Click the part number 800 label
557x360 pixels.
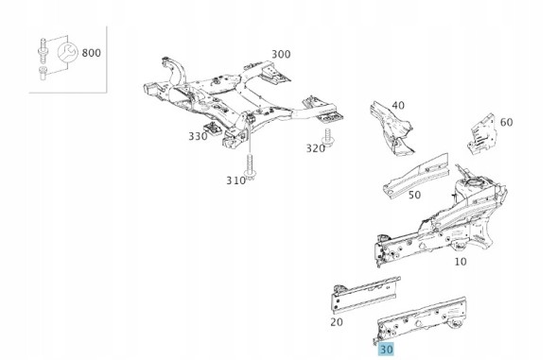coord(92,53)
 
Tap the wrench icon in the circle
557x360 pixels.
coord(67,52)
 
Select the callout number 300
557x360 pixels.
coord(281,54)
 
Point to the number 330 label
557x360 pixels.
coord(198,136)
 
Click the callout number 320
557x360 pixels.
coord(316,148)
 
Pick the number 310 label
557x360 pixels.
coord(235,180)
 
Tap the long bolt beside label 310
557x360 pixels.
coord(250,166)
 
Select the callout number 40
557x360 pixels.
coord(398,106)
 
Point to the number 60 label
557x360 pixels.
coord(507,122)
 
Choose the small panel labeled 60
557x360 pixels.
coord(481,134)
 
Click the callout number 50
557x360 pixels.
coord(414,195)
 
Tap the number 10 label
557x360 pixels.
coord(461,262)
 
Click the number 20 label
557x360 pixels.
coord(337,322)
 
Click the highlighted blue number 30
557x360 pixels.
coord(386,350)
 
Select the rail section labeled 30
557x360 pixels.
coord(422,318)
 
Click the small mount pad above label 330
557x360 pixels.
coord(213,129)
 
